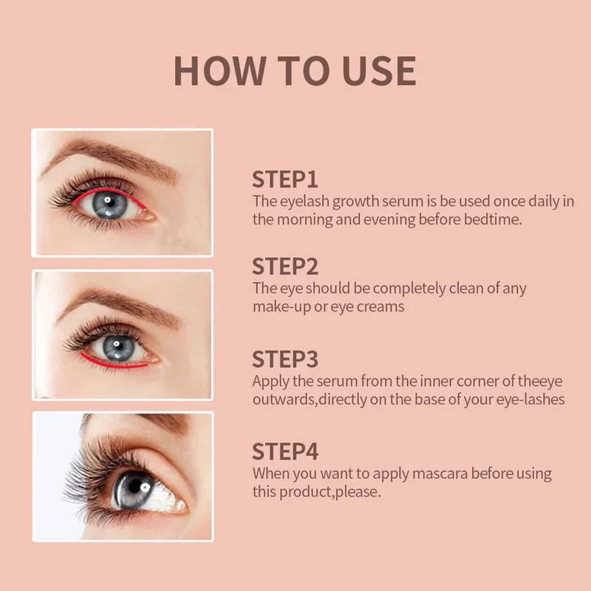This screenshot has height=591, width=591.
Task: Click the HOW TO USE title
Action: click(295, 70)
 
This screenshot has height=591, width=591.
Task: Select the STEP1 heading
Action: click(285, 180)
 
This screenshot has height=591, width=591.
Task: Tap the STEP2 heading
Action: click(285, 267)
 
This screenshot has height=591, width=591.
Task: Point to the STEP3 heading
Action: click(285, 359)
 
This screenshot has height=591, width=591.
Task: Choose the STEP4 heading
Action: click(285, 451)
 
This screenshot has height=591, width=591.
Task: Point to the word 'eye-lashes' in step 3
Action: click(532, 400)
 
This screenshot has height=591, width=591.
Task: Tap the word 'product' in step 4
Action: click(306, 491)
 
